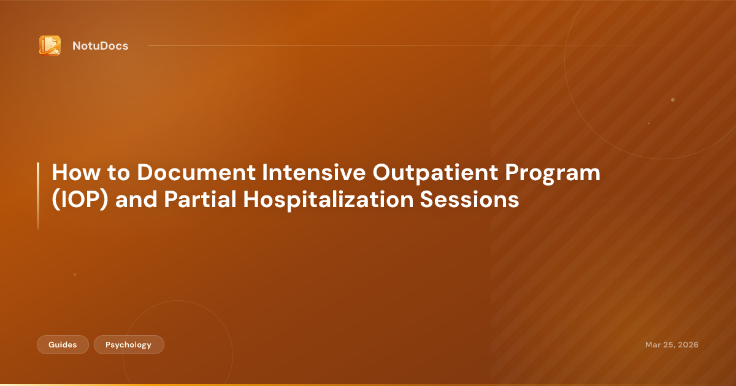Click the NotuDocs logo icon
click(x=50, y=45)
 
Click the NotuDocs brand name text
click(x=100, y=46)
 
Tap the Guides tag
click(x=63, y=345)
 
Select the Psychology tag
click(x=129, y=345)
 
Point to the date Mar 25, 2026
click(x=672, y=345)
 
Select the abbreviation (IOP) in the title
click(x=80, y=200)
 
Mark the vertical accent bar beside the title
click(x=38, y=196)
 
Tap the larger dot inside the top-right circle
click(x=673, y=100)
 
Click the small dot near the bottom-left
click(x=75, y=274)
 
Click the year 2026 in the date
click(x=687, y=345)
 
